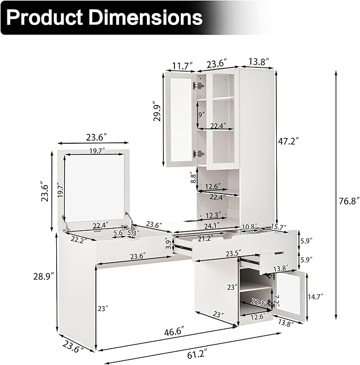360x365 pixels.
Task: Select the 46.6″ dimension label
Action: [x=174, y=332]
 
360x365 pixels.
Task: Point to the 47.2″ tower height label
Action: [x=288, y=141]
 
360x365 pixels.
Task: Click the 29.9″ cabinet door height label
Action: [x=157, y=111]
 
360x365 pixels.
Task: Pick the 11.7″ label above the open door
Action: [x=182, y=66]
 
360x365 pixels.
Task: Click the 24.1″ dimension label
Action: [x=212, y=226]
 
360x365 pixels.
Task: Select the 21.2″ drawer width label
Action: [x=205, y=238]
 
